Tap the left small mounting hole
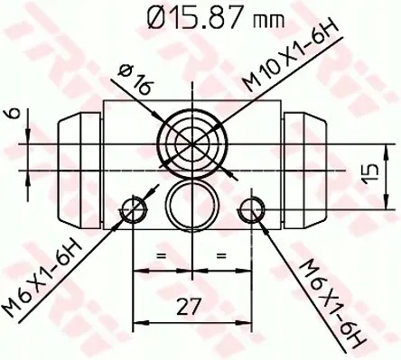(135, 212)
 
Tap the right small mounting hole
(252, 212)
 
